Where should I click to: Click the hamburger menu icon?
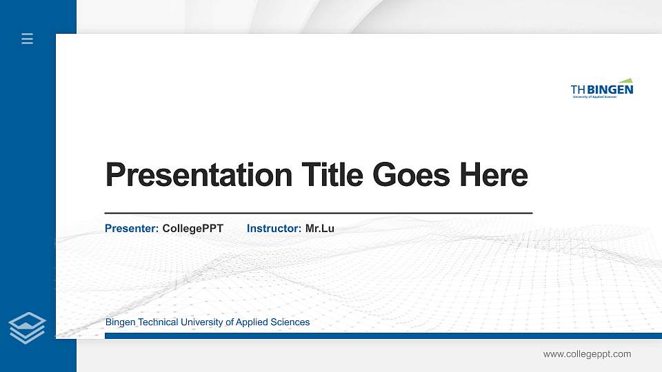(28, 39)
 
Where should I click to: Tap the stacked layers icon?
(28, 327)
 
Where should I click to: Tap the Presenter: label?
(132, 228)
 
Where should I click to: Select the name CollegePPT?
(192, 228)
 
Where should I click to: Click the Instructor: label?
(274, 228)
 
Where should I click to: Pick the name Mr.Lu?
(319, 228)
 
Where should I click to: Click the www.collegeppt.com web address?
(587, 354)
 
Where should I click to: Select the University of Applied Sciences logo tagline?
(594, 97)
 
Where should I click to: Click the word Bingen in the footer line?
(121, 322)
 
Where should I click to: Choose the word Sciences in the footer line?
(290, 322)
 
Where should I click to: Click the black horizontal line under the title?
(318, 214)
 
